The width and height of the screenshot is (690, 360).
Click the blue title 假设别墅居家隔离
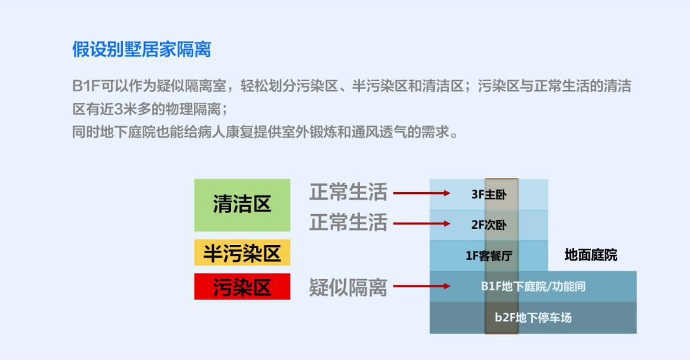[141, 50]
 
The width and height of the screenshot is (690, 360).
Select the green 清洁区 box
[242, 204]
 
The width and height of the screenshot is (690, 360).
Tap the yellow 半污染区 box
[242, 253]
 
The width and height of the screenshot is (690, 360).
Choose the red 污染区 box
[242, 287]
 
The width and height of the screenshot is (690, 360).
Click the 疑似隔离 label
[348, 287]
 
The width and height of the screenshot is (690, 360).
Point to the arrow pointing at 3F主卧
[422, 194]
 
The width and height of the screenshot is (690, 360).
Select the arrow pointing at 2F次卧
[422, 224]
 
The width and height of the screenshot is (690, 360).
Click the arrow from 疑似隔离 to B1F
[422, 286]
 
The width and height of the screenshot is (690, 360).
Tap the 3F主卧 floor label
[489, 194]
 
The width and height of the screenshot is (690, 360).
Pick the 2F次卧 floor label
[489, 224]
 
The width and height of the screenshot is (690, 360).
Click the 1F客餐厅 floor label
[489, 255]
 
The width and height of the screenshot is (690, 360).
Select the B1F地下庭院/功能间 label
[533, 287]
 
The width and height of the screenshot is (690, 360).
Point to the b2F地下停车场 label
[533, 318]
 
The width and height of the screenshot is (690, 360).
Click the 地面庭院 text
[591, 255]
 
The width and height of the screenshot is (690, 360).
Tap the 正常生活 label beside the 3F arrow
[348, 192]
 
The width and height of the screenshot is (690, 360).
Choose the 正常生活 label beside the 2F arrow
[348, 222]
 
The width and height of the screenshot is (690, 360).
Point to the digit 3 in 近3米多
[118, 109]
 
